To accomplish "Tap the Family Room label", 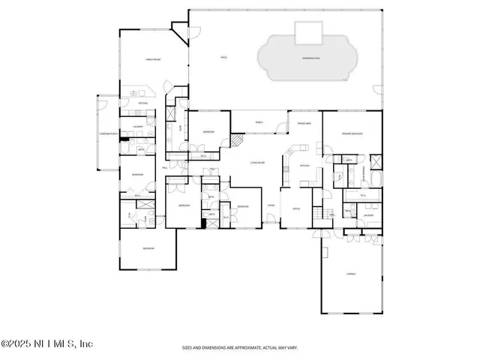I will [x=153, y=59].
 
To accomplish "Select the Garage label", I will [x=350, y=274].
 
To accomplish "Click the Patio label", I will [x=223, y=56].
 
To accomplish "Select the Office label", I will [x=296, y=208].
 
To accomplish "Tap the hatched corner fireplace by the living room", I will [x=237, y=140].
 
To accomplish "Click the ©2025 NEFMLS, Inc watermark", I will [x=46, y=343].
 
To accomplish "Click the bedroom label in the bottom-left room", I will [x=148, y=247].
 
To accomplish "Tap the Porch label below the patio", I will [x=259, y=121].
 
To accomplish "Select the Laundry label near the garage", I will [x=368, y=215].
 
